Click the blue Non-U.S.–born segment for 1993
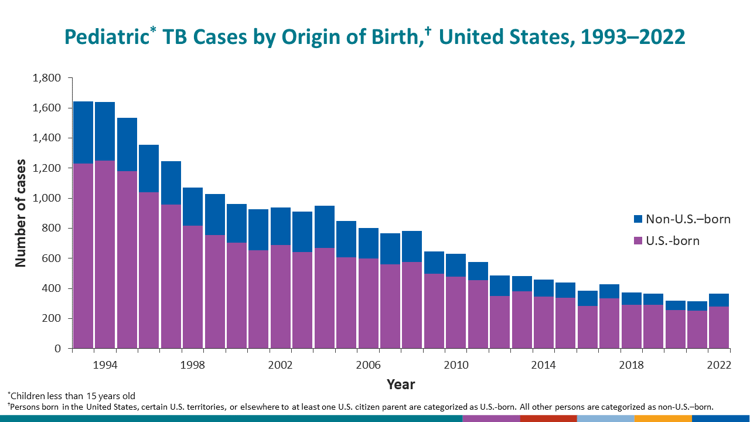coord(83,132)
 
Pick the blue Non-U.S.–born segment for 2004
coord(325,227)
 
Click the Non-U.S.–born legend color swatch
coord(637,220)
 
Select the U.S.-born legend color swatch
coord(637,241)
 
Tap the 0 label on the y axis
coord(57,349)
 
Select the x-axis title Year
coord(401,384)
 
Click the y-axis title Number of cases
coord(21,213)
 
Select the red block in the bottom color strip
coord(548,418)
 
